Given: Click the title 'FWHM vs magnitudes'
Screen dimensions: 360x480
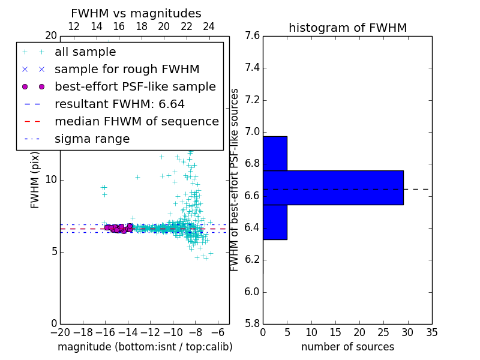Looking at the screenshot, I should (x=136, y=13).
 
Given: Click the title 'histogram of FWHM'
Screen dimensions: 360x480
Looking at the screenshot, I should (x=347, y=28).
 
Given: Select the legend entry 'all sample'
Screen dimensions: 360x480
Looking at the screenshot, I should (x=85, y=52).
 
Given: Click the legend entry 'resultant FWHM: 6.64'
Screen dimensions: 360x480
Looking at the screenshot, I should (x=119, y=104).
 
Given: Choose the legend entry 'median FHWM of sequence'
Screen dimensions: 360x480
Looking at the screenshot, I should (x=136, y=122).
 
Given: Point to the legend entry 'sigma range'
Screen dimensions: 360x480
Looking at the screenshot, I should (x=92, y=139).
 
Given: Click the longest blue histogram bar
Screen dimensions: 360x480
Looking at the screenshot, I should (x=333, y=188).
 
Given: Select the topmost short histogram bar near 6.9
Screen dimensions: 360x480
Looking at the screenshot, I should (x=275, y=154).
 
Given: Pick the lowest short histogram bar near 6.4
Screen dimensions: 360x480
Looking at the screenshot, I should (x=275, y=222).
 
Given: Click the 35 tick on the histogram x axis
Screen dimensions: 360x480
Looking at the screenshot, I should (x=431, y=332).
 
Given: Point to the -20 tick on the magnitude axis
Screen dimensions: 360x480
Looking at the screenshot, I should (x=60, y=332).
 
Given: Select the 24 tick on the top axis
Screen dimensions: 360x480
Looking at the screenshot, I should (x=209, y=26).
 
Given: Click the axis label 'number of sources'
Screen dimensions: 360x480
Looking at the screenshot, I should (x=347, y=347).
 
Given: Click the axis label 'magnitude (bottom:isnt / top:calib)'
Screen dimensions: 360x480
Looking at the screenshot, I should (x=145, y=347).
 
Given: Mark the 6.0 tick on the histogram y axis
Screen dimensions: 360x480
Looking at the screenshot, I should (x=251, y=292).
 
